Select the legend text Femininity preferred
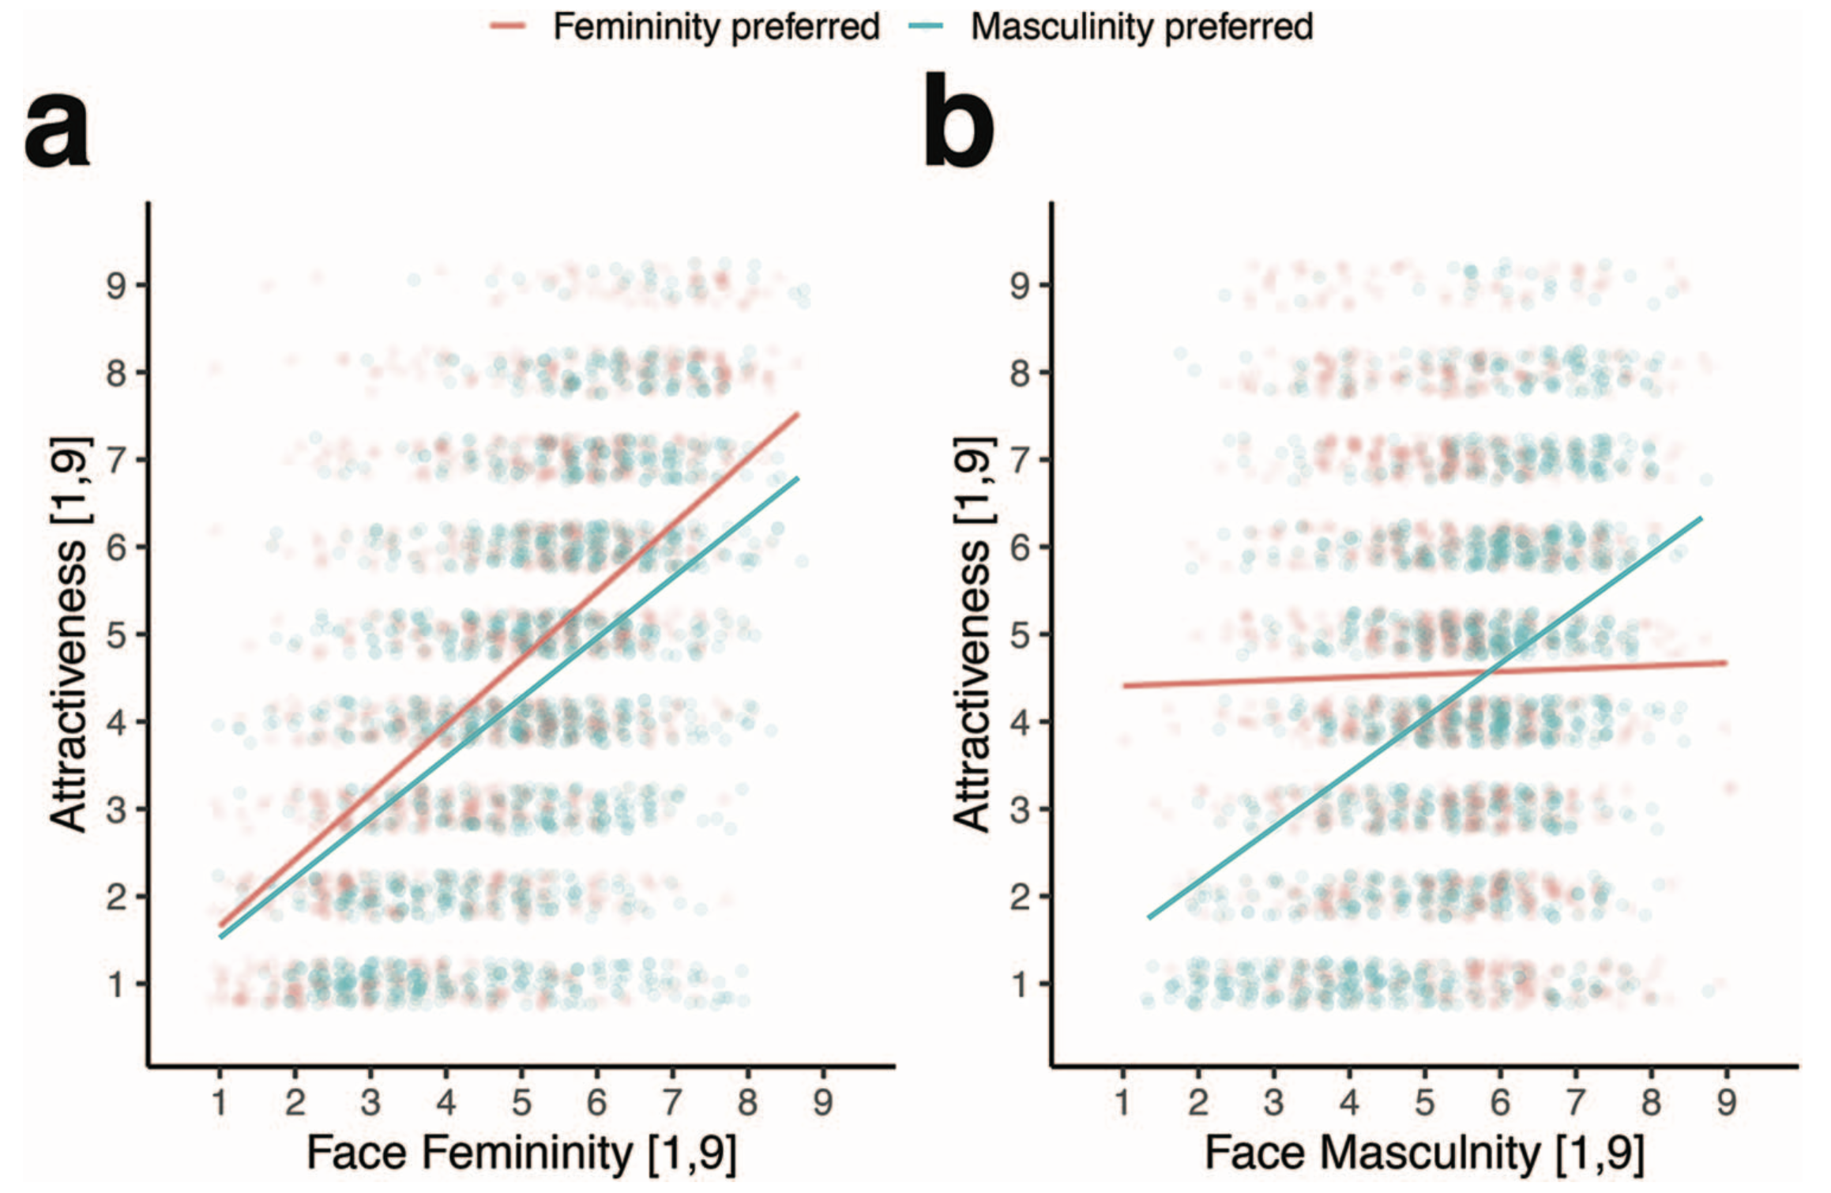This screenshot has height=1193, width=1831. pyautogui.click(x=716, y=27)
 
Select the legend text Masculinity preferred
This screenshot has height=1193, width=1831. pyautogui.click(x=1141, y=27)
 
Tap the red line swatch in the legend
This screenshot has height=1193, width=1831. pyautogui.click(x=508, y=27)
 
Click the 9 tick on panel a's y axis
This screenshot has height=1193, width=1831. pyautogui.click(x=116, y=284)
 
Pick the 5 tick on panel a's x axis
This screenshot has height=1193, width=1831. pyautogui.click(x=521, y=1101)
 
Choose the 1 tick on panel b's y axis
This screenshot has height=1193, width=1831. pyautogui.click(x=1020, y=984)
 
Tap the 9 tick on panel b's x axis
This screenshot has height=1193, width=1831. pyautogui.click(x=1727, y=1101)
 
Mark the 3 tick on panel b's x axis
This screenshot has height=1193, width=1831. pyautogui.click(x=1273, y=1101)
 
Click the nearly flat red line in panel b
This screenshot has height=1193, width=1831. pyautogui.click(x=1264, y=680)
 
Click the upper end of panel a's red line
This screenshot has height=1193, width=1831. pyautogui.click(x=797, y=415)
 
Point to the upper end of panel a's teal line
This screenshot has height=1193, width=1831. pyautogui.click(x=797, y=479)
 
